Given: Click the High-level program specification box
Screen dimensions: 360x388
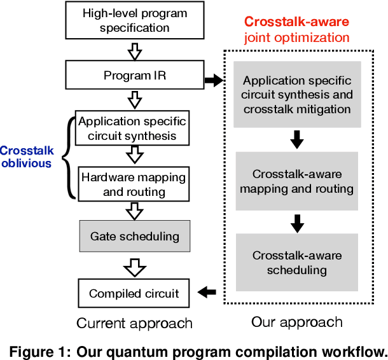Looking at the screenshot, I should point(134,20).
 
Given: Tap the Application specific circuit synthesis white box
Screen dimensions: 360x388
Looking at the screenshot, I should point(132,128).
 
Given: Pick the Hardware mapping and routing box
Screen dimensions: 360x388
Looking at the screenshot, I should point(134,184).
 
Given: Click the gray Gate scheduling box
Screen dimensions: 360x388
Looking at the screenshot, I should point(134,237).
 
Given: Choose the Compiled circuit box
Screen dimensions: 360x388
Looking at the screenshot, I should point(134,293).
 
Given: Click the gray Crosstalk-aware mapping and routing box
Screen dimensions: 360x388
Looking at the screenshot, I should point(296,181).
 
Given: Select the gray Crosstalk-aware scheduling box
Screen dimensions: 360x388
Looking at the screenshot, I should point(296,263).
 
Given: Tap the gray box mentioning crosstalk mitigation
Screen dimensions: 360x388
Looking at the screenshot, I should point(296,94).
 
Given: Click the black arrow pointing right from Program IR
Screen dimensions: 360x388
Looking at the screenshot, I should point(213,81).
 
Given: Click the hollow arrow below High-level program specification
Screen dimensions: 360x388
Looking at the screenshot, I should point(134,50).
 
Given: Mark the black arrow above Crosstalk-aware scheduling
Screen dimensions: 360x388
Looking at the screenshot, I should point(296,223).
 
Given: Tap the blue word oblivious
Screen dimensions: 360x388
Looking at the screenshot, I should point(26,163).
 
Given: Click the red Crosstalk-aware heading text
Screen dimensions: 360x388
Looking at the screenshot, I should point(297,22).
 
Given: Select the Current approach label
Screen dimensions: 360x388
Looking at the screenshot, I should point(134,323).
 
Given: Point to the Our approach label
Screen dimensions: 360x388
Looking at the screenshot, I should point(296,322).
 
